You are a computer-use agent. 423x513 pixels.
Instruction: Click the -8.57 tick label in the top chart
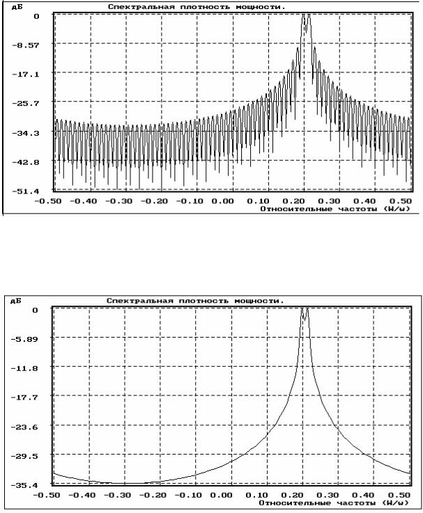(25, 45)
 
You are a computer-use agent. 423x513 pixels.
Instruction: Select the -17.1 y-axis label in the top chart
(25, 74)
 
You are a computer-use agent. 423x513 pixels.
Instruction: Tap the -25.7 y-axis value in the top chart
(25, 104)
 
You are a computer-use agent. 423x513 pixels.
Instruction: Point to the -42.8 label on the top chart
(25, 162)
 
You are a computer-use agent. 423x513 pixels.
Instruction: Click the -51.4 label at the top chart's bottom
(25, 191)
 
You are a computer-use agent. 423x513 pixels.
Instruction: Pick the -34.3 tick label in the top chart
(25, 133)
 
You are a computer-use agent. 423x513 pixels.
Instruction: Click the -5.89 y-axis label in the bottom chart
(24, 339)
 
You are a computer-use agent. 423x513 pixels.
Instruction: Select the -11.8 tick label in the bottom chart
(24, 368)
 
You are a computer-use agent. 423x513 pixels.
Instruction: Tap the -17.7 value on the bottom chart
(24, 397)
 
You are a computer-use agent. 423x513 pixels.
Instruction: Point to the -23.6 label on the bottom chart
(24, 427)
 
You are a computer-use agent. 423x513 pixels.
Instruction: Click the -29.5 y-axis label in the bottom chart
(24, 456)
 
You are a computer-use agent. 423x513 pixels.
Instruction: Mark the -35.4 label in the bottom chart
(24, 485)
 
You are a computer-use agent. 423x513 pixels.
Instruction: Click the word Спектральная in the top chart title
(141, 7)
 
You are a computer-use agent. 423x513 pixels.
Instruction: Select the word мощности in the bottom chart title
(259, 301)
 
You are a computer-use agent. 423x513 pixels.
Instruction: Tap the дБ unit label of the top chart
(17, 6)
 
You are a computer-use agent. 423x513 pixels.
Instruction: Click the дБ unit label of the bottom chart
(16, 300)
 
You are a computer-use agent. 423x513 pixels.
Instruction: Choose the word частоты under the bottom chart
(356, 503)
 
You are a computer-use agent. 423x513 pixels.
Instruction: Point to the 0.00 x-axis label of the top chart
(222, 201)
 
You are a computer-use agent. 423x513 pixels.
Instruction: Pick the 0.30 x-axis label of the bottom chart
(328, 495)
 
